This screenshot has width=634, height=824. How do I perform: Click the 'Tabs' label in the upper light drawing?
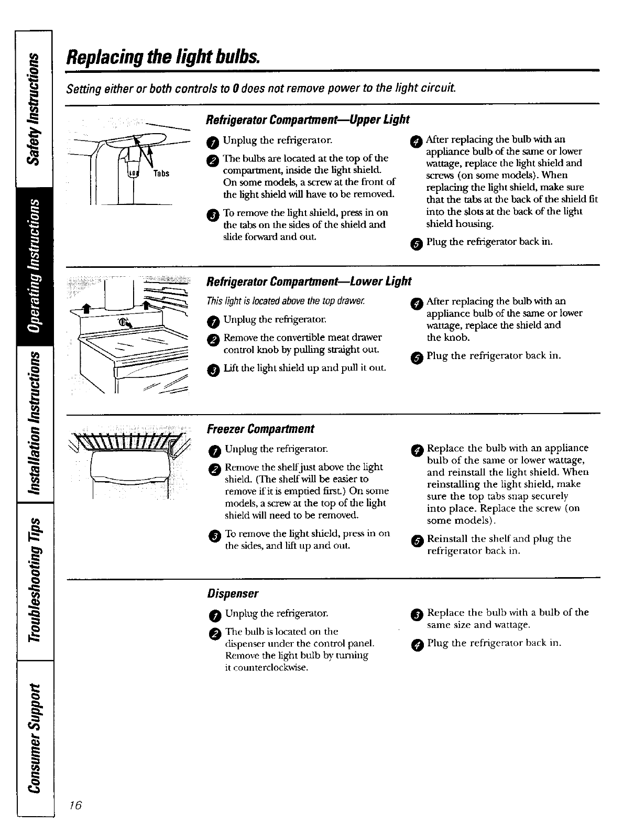[x=161, y=174]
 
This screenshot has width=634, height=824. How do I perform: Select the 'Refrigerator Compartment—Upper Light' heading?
[x=308, y=120]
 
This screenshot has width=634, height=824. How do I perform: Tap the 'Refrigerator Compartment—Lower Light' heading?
[x=309, y=281]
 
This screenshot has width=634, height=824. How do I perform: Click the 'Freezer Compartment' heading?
[x=260, y=429]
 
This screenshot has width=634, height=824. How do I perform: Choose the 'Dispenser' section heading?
[x=233, y=593]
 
